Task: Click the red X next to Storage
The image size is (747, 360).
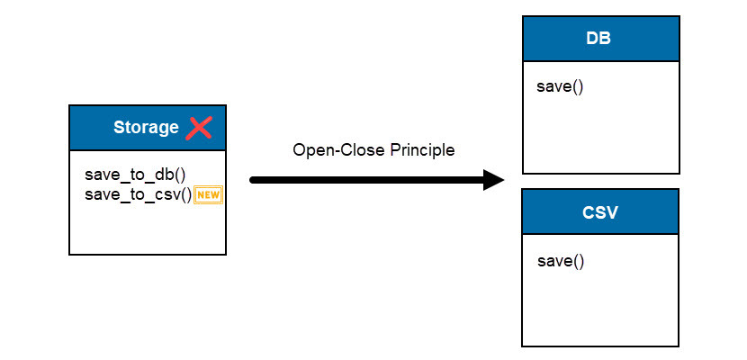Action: [x=199, y=128]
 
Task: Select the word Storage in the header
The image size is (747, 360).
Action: [x=146, y=128]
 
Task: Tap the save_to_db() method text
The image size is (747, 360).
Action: [x=135, y=175]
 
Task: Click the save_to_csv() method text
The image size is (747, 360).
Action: [x=138, y=194]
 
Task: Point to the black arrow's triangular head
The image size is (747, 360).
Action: [x=492, y=180]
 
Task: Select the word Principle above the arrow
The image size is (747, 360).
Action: [x=422, y=150]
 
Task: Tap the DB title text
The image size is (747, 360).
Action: [x=600, y=40]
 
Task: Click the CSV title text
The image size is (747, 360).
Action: [x=600, y=213]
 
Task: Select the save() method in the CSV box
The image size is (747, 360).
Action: [x=561, y=261]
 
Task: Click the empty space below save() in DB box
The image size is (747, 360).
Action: [x=600, y=135]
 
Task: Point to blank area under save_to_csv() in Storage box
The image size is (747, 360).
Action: [x=147, y=229]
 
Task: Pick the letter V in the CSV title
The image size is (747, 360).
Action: [x=613, y=213]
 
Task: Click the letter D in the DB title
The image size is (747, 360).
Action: [x=594, y=40]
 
